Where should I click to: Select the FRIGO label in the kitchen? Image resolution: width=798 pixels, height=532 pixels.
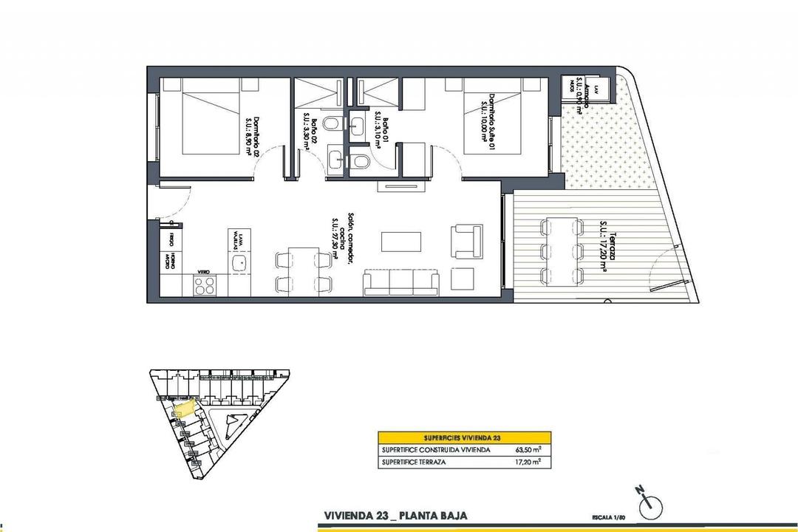click(x=171, y=238)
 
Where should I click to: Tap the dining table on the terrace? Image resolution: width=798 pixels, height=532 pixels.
click(x=562, y=250)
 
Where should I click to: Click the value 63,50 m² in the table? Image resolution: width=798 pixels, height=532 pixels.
click(x=529, y=449)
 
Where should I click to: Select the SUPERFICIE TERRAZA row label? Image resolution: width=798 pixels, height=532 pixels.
click(x=415, y=462)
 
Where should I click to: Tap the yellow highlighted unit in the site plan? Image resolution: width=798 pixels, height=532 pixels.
click(x=183, y=406)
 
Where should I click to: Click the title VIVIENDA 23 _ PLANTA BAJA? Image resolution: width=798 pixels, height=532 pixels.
click(x=395, y=515)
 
